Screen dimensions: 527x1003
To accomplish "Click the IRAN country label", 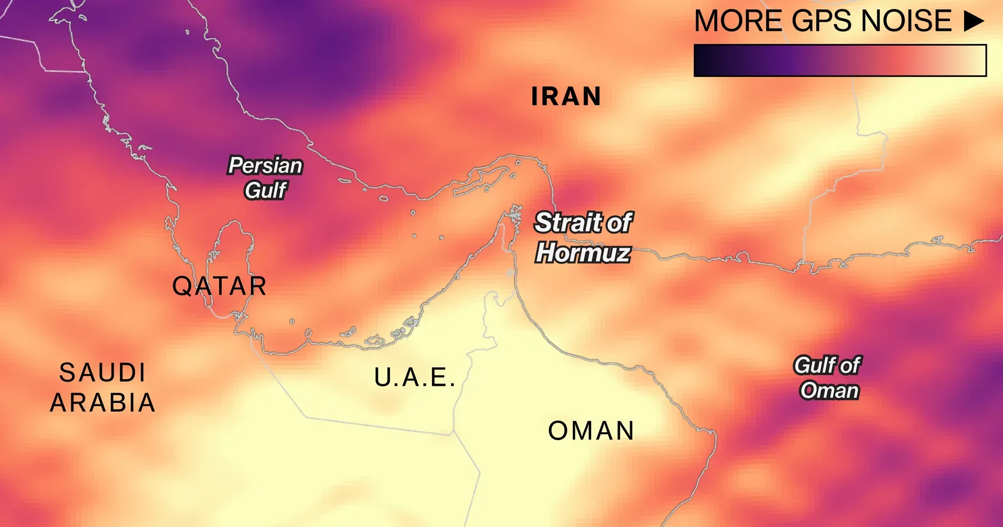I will [x=566, y=96].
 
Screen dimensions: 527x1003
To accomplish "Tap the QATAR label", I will [x=219, y=287].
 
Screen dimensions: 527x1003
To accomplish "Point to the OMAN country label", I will [x=591, y=431].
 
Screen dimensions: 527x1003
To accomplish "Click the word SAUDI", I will [x=103, y=373].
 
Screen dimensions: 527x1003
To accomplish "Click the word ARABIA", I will [x=103, y=403].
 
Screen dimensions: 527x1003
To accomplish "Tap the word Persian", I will [x=266, y=166].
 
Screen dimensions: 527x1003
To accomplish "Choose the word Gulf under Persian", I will [x=266, y=191].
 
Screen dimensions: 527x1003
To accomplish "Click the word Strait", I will [x=567, y=223].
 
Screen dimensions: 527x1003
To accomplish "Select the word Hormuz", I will [x=583, y=253].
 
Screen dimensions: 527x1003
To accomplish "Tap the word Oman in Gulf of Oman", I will [x=829, y=390].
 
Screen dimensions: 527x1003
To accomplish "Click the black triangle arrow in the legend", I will [x=973, y=21].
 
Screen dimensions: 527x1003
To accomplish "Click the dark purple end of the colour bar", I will [x=705, y=60].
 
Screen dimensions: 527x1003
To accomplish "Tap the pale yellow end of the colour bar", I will [x=975, y=60].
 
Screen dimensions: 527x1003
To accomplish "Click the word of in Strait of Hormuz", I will [x=620, y=223].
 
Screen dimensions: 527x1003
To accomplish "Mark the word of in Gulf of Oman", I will [x=850, y=365].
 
